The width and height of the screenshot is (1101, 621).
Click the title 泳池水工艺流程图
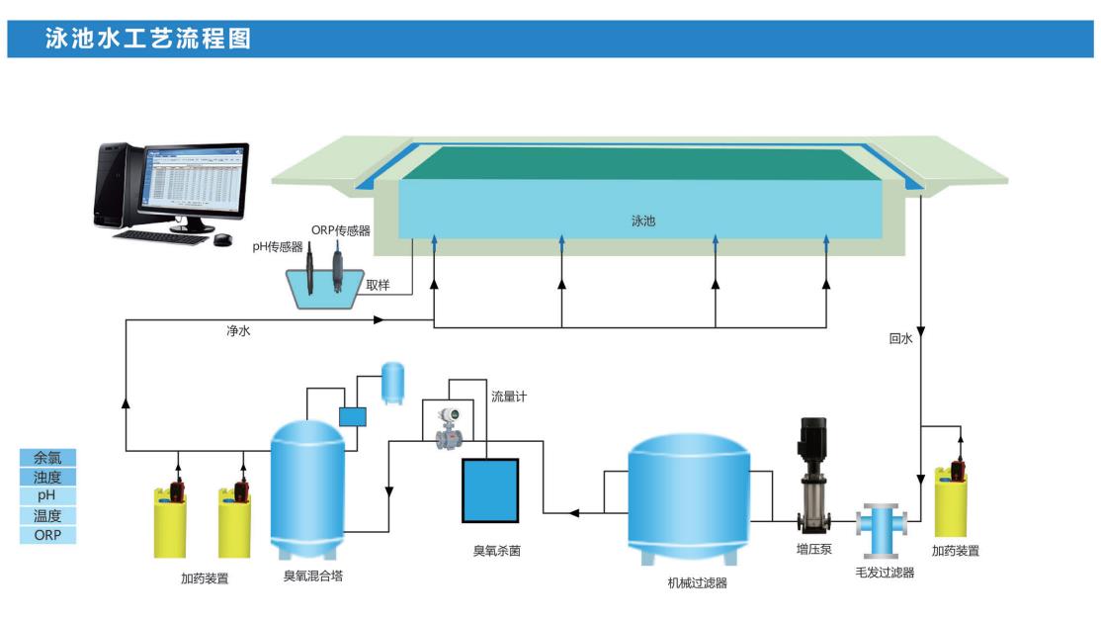coord(148,39)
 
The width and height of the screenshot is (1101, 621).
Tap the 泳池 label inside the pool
coord(643,222)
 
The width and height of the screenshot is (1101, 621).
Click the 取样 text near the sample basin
coord(378,285)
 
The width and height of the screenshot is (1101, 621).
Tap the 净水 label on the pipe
coord(238,332)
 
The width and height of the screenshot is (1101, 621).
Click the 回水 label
coord(900,338)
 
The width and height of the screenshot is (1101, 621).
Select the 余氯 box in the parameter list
coord(47,458)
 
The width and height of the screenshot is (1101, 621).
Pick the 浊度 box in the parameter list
coord(47,477)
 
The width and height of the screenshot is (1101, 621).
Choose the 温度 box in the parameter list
coord(47,515)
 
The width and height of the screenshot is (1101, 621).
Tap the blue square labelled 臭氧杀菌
coord(490,489)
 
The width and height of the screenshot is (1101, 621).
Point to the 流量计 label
coord(509,397)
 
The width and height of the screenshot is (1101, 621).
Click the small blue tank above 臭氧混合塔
coord(393,382)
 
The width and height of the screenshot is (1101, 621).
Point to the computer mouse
coord(222,238)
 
